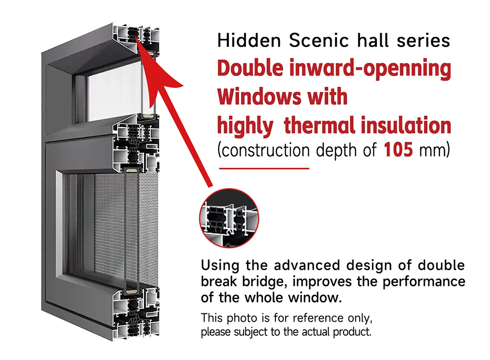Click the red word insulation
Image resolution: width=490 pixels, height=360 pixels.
(406, 125)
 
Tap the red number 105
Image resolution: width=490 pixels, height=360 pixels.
(398, 150)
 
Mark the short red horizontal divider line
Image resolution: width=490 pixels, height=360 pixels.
(264, 168)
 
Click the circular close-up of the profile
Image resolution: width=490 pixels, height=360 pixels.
(229, 218)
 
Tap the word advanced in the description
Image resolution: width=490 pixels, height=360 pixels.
(307, 265)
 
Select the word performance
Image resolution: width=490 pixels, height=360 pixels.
(424, 282)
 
